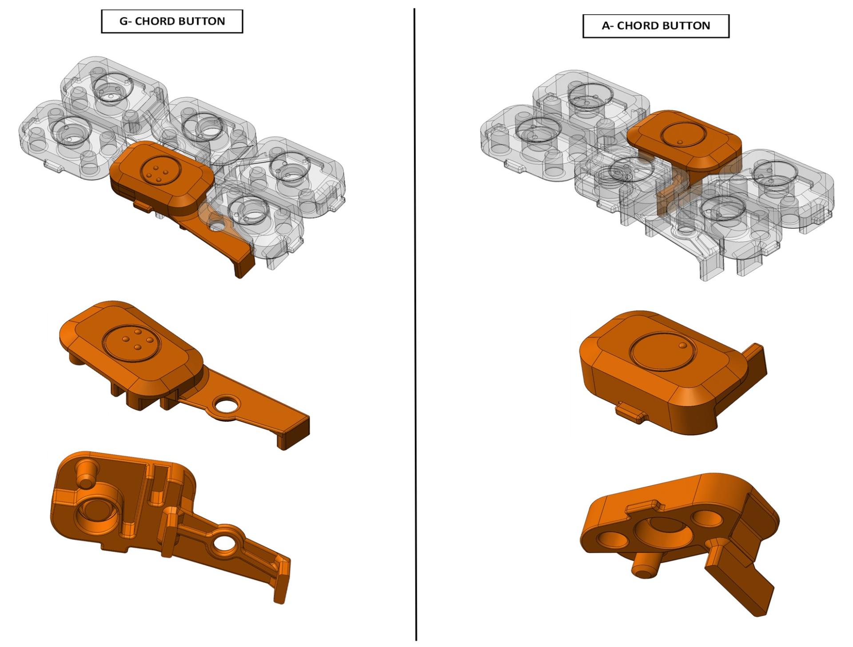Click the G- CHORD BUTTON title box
[x=172, y=21]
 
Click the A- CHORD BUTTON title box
[x=656, y=26]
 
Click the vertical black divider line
[x=415, y=324]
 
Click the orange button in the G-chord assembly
[x=178, y=196]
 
